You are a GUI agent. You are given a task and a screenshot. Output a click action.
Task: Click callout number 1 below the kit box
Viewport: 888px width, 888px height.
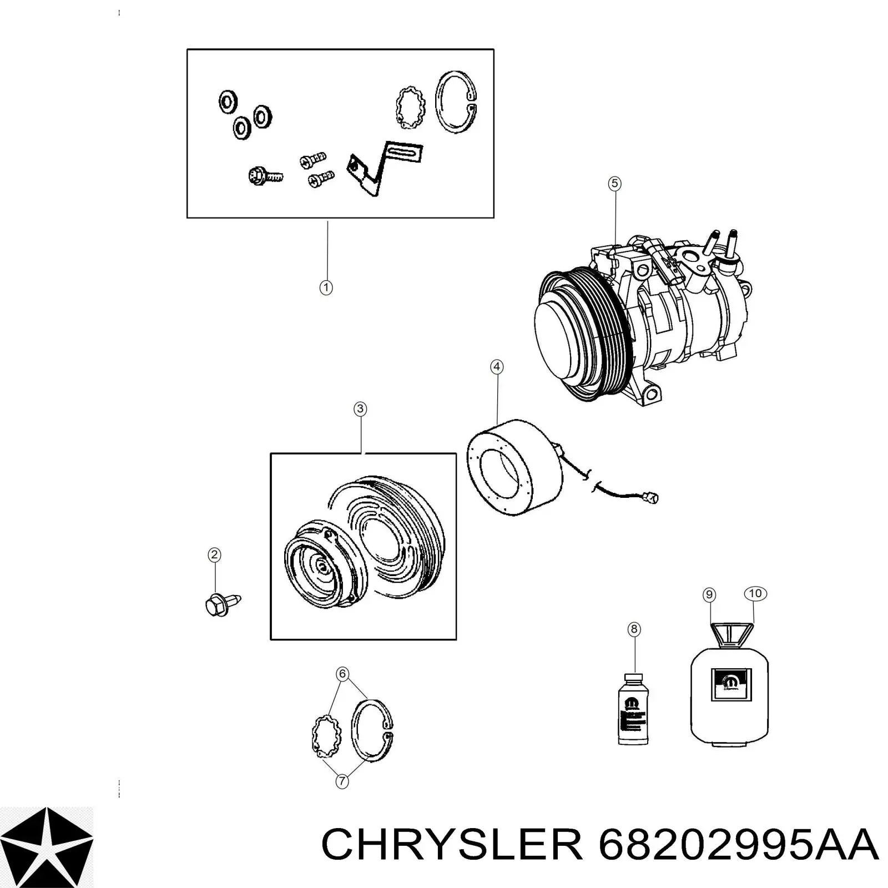(326, 287)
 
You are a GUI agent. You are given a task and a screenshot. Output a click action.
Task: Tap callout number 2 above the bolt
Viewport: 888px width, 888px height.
(214, 555)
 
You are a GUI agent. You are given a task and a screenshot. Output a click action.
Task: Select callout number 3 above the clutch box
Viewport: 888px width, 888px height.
(360, 409)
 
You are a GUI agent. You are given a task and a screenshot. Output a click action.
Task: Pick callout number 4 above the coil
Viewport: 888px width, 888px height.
(497, 367)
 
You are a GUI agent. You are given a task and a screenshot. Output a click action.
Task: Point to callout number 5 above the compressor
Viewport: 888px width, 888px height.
(614, 183)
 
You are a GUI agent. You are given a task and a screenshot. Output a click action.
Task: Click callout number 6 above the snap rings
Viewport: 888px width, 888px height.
(342, 674)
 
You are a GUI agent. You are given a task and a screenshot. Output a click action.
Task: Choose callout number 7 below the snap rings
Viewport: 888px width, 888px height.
(342, 781)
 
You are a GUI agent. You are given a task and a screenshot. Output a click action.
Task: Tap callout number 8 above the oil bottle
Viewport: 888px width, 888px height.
(634, 629)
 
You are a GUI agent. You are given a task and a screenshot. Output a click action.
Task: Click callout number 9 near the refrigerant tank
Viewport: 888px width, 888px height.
(709, 595)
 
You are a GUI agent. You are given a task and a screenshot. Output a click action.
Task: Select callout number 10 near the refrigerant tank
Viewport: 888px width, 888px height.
(755, 593)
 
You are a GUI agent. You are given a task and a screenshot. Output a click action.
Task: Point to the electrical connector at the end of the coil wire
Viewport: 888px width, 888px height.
(653, 497)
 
